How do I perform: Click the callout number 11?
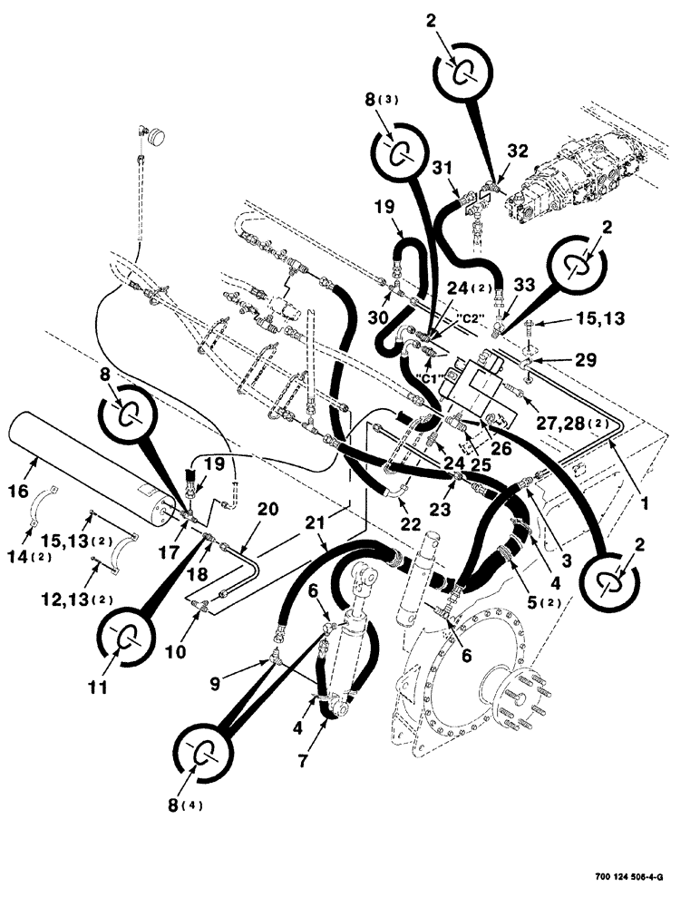pyautogui.click(x=99, y=688)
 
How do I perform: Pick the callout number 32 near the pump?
pyautogui.click(x=516, y=149)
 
